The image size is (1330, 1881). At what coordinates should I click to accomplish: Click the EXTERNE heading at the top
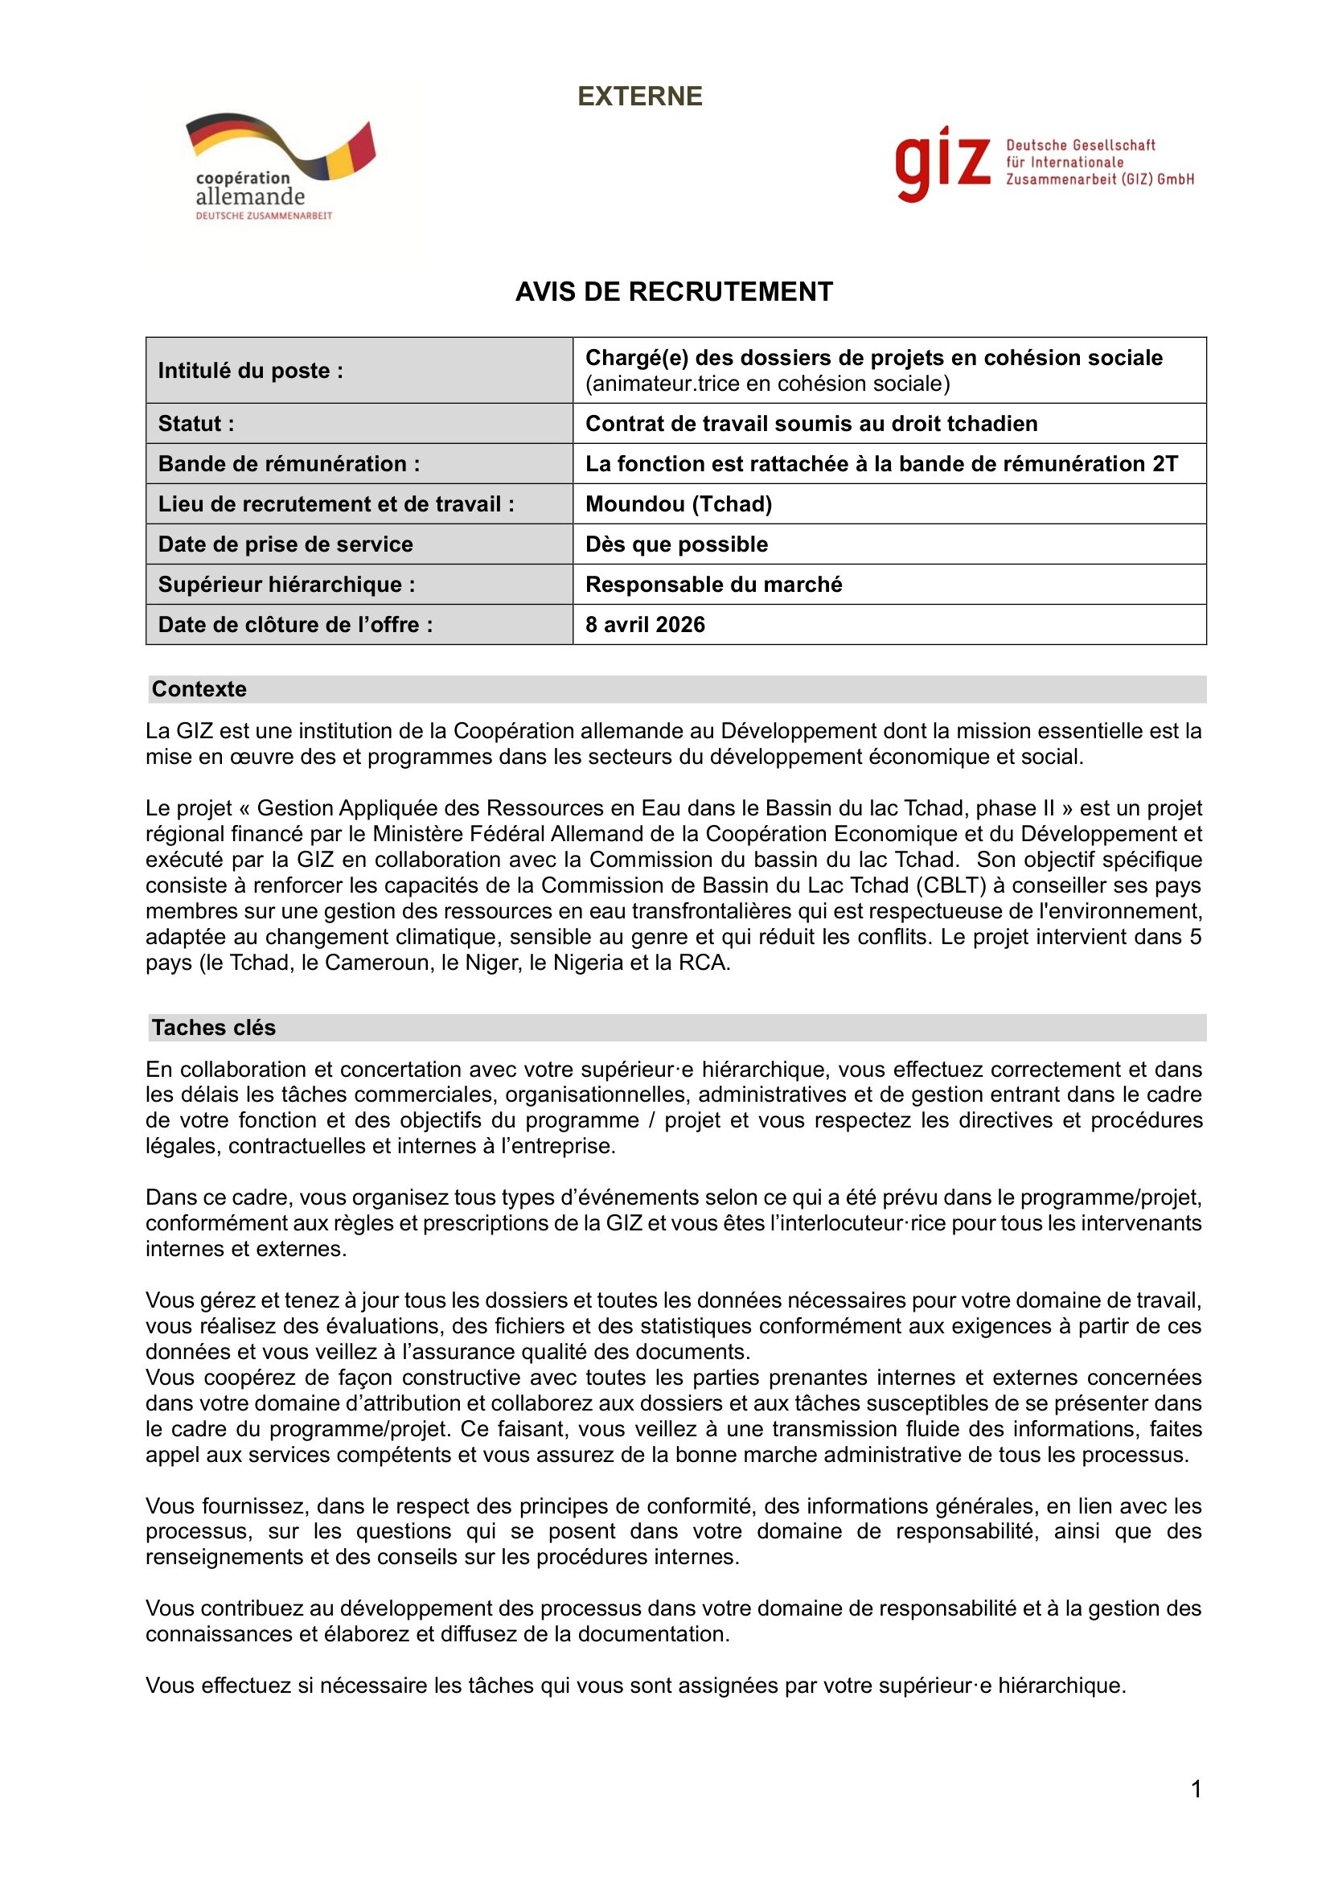click(x=639, y=97)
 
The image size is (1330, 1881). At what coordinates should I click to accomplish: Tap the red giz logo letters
click(x=942, y=163)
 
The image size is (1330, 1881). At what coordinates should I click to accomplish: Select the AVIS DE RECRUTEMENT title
click(x=673, y=292)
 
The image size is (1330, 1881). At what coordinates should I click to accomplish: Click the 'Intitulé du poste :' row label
click(x=251, y=371)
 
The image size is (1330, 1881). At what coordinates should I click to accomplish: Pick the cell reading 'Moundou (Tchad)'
click(x=678, y=504)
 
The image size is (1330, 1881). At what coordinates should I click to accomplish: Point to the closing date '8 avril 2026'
click(x=645, y=625)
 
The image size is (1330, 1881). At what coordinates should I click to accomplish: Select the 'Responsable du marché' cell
click(x=713, y=585)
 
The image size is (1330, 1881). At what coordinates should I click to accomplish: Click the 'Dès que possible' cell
click(x=676, y=544)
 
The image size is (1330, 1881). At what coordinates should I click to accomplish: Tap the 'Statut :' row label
click(x=196, y=424)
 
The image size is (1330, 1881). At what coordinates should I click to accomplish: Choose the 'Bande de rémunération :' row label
click(x=289, y=464)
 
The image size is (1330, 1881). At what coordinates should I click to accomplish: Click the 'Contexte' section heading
click(x=199, y=689)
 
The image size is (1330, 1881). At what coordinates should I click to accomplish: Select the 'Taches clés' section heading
click(x=214, y=1027)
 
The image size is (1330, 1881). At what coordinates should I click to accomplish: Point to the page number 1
click(x=1196, y=1789)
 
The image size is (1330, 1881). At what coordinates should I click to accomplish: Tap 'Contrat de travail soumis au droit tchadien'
click(x=811, y=424)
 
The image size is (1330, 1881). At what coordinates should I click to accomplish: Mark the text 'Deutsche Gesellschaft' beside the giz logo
click(x=1080, y=146)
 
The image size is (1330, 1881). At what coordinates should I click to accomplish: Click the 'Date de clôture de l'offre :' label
click(x=296, y=625)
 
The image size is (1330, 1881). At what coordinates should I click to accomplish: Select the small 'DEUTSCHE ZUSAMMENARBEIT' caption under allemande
click(x=264, y=216)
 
